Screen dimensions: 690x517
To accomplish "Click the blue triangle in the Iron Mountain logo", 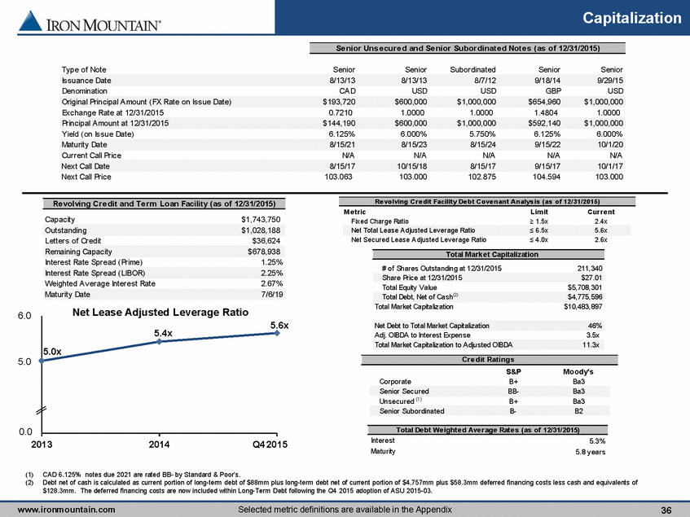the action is (x=31, y=21).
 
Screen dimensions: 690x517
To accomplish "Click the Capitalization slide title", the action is (x=632, y=18).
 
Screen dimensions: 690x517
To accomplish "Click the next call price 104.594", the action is (x=547, y=177).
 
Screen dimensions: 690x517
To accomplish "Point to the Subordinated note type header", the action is (x=472, y=69).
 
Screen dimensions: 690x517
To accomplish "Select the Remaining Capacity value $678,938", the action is (x=264, y=252).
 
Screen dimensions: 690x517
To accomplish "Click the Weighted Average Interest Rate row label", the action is (x=100, y=283).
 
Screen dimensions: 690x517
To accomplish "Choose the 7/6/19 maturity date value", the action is (x=272, y=295).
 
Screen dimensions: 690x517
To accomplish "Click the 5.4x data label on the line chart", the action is (x=163, y=333).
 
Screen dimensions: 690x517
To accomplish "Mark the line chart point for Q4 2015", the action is (x=277, y=333).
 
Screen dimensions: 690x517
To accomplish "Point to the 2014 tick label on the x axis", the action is (x=159, y=445).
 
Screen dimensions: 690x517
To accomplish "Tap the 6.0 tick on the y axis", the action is (x=24, y=316).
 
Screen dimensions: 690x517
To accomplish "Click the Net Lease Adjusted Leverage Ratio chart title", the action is (x=160, y=312).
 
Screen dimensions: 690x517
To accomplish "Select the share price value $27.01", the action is (x=591, y=278).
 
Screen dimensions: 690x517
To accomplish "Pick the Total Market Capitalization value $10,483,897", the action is (x=583, y=306).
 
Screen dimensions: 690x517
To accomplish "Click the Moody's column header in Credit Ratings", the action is (x=578, y=371).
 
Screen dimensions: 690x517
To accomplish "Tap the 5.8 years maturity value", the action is (x=590, y=452).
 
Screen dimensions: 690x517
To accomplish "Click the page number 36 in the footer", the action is (x=666, y=510).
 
